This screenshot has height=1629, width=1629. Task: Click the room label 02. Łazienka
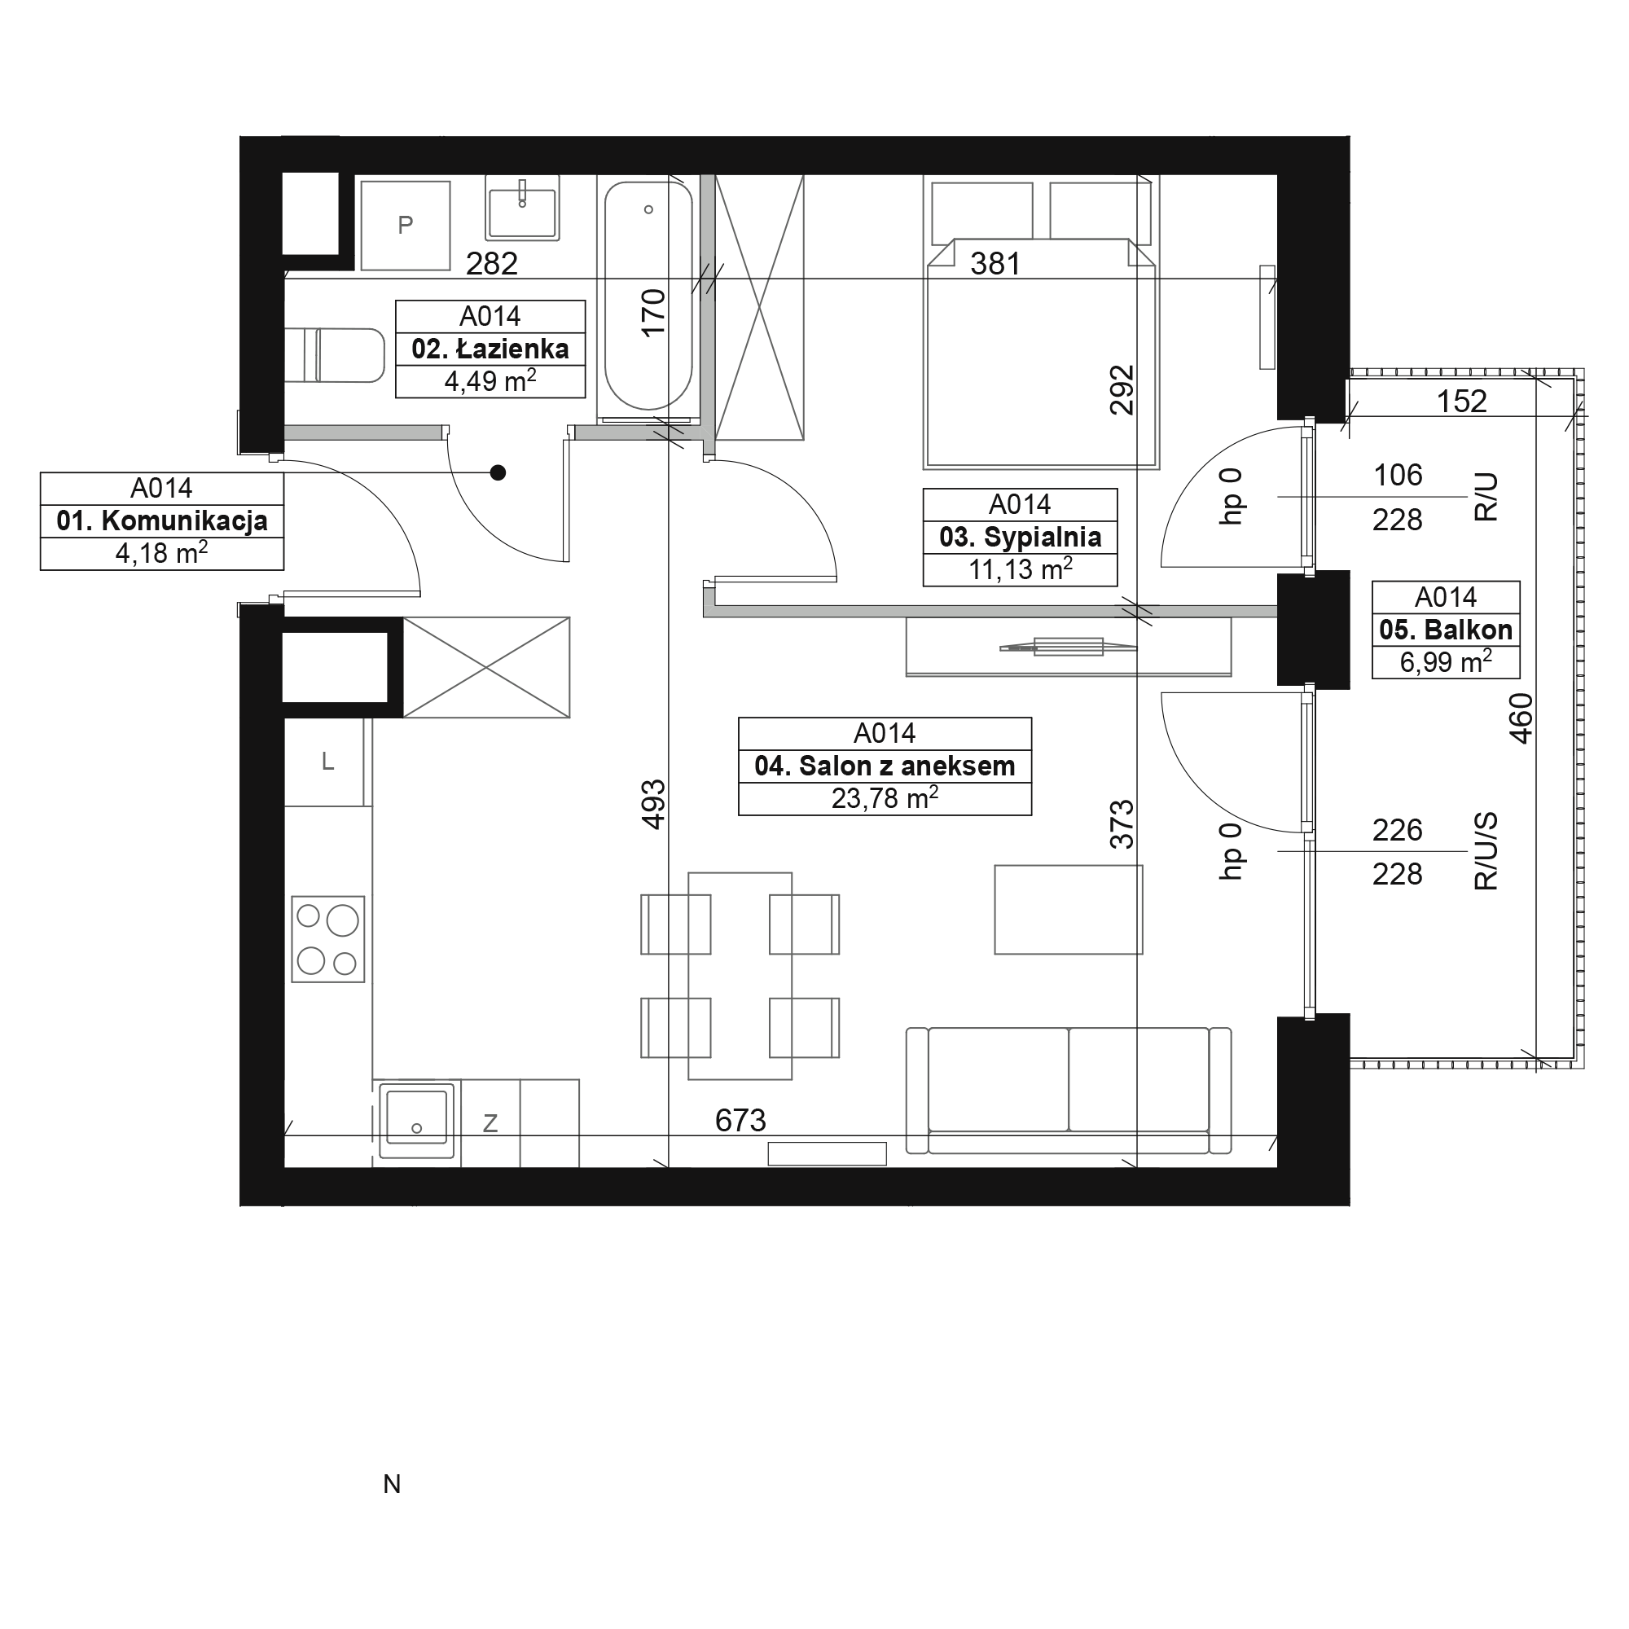[490, 349]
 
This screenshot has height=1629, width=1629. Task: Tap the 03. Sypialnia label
[1021, 537]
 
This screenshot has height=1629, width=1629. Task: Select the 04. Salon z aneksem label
[885, 766]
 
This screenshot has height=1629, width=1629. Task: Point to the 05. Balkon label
[1446, 630]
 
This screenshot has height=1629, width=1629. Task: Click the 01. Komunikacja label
[162, 521]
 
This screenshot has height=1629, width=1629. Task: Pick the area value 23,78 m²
[885, 797]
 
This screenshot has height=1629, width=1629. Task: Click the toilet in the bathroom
[335, 355]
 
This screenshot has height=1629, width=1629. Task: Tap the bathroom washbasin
[523, 208]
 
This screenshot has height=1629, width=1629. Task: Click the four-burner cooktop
[328, 939]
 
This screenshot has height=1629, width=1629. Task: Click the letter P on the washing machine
[406, 225]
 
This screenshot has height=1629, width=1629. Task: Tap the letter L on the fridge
[328, 762]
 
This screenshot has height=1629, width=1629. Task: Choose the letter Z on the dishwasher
[490, 1123]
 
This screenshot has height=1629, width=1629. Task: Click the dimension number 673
[740, 1121]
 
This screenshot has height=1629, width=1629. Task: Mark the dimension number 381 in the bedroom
[995, 265]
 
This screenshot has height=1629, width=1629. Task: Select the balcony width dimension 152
[1461, 402]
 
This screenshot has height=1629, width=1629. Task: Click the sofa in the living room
[1069, 1091]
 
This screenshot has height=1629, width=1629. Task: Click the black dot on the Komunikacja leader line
[498, 473]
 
